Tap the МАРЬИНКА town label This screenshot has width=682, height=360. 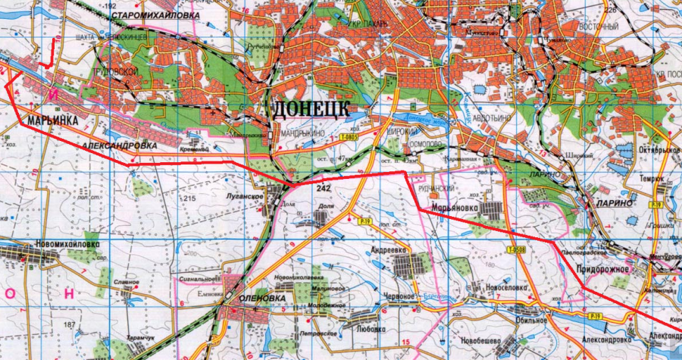pos(51,120)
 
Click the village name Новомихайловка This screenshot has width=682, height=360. pos(67,245)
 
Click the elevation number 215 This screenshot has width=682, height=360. pos(189,199)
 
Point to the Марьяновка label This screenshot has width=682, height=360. pos(457,205)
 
